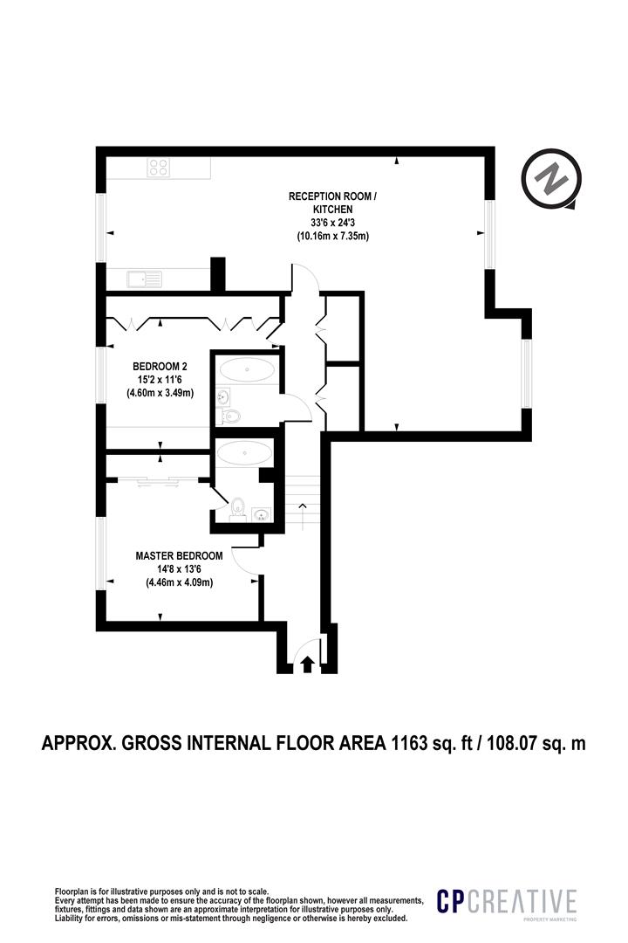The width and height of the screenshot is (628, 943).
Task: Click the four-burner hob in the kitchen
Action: pos(158,168)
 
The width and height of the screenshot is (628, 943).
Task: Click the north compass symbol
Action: pos(551,181)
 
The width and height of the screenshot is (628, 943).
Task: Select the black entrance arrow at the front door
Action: pos(306,664)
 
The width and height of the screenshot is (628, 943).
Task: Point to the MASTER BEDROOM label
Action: pos(179,555)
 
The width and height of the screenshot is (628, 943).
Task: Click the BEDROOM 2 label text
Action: pos(160,366)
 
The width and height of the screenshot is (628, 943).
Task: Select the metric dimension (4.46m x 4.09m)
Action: pos(179,582)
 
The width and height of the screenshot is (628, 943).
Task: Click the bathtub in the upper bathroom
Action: pos(245,369)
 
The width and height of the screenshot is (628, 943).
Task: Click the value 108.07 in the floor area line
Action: pos(512,744)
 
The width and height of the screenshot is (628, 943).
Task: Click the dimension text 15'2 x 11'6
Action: pos(160,380)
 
